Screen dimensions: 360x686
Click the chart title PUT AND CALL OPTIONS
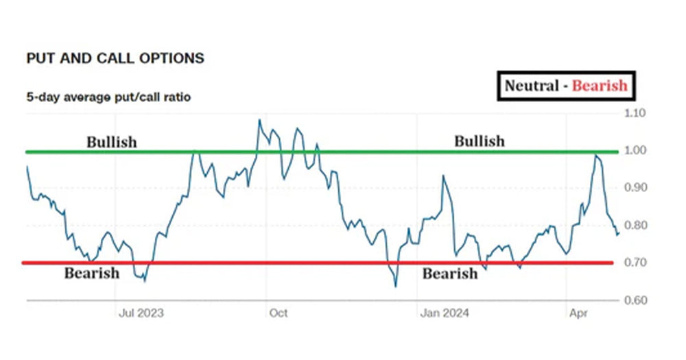pyautogui.click(x=115, y=58)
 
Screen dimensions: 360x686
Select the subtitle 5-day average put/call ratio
pyautogui.click(x=108, y=97)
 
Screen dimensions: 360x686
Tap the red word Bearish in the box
pyautogui.click(x=600, y=86)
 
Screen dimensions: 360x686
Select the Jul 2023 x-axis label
pyautogui.click(x=141, y=313)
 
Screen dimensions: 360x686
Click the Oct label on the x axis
pyautogui.click(x=279, y=313)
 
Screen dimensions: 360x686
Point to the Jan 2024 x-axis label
pyautogui.click(x=445, y=313)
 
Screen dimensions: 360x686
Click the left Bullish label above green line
pyautogui.click(x=111, y=143)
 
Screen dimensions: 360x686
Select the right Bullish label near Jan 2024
pyautogui.click(x=479, y=141)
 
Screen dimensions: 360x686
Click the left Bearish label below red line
pyautogui.click(x=91, y=274)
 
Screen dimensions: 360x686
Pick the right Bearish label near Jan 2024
pyautogui.click(x=449, y=274)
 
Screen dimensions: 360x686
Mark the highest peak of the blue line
pyautogui.click(x=259, y=120)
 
